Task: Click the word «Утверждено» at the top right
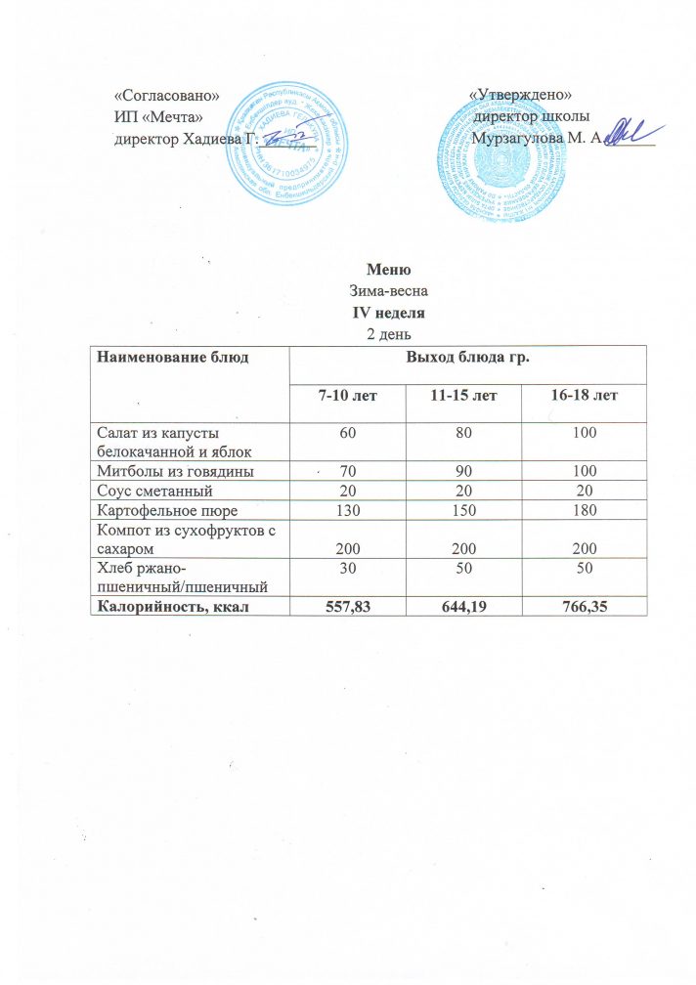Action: [x=521, y=94]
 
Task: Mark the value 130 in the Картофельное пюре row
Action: [x=343, y=509]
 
